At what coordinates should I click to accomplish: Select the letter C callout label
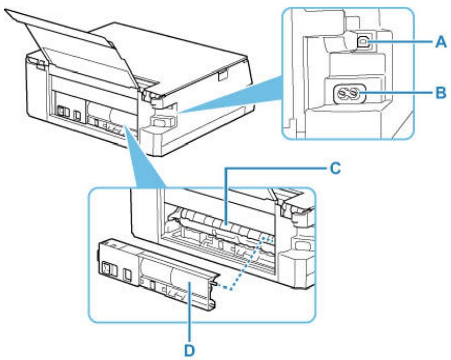(332, 170)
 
